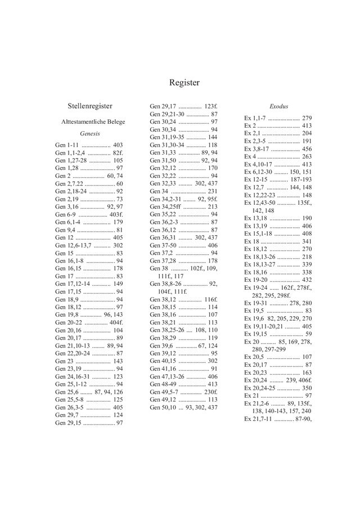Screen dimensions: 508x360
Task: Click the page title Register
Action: click(x=184, y=82)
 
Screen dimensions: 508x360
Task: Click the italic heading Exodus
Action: click(x=278, y=106)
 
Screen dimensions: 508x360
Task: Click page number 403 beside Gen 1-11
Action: click(x=118, y=145)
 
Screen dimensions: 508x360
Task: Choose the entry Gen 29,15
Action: click(x=67, y=422)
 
